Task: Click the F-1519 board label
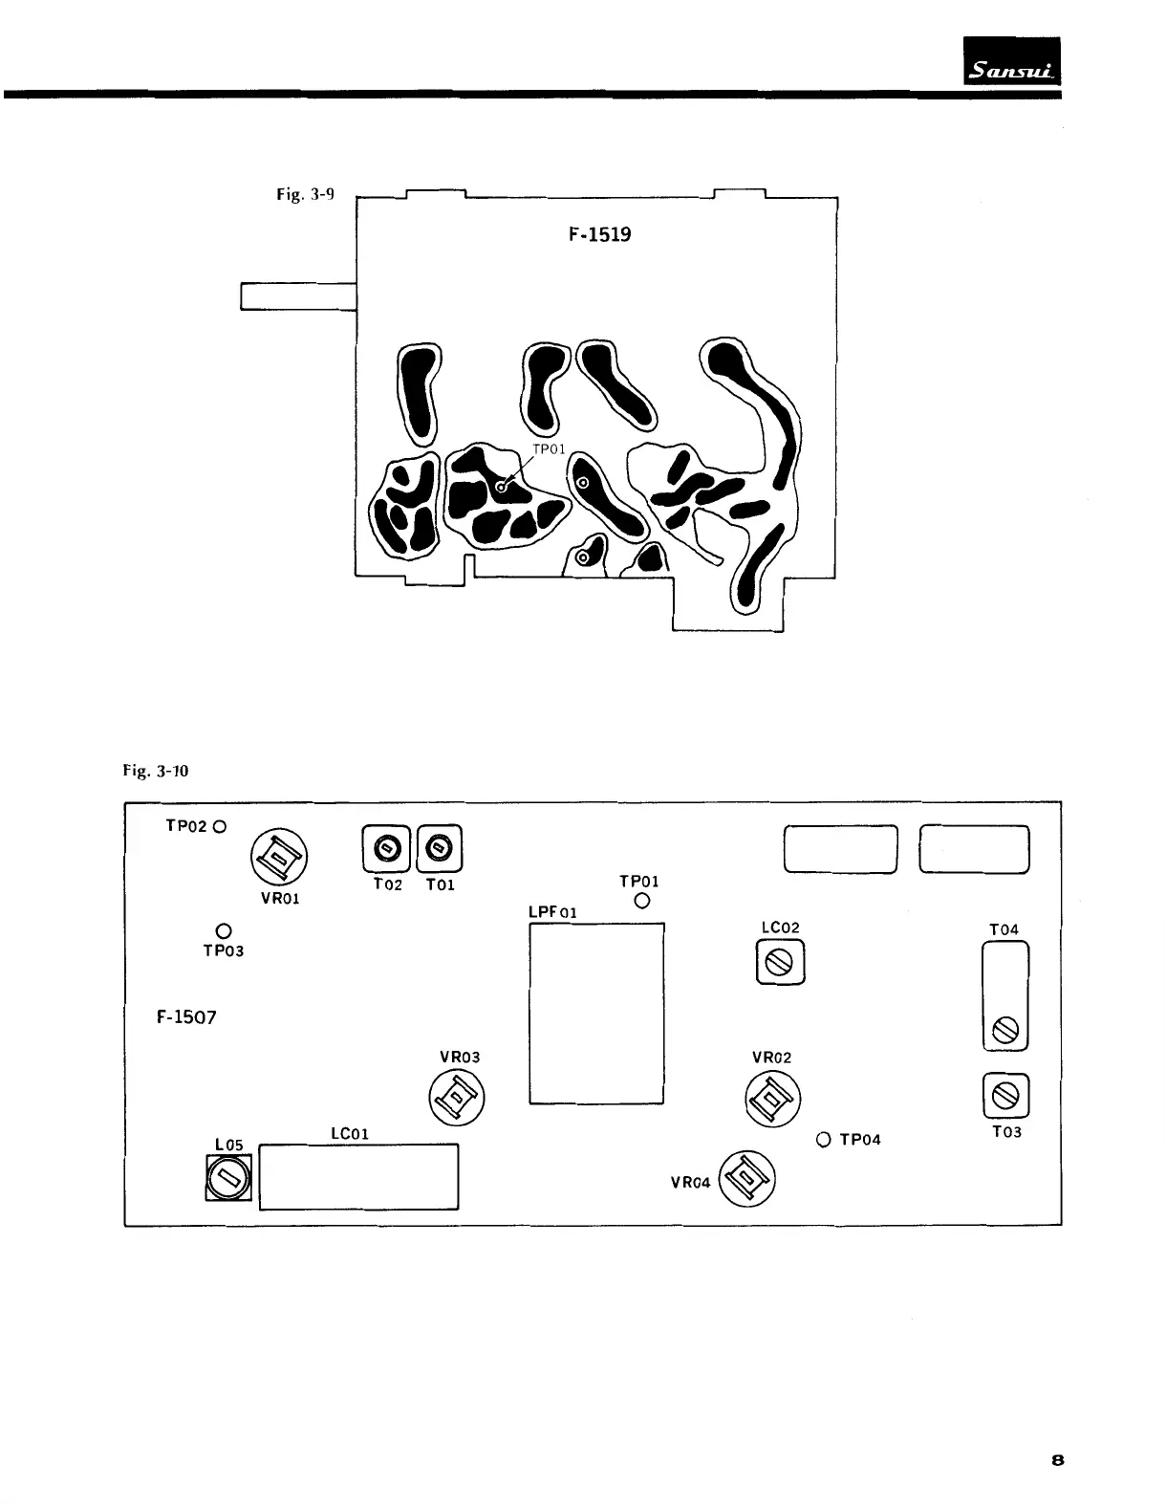tap(599, 234)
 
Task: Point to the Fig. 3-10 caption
tap(155, 770)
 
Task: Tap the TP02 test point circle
tap(220, 826)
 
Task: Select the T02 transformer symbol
tap(387, 847)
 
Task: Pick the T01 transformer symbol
tap(439, 847)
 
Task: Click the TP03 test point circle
tap(224, 929)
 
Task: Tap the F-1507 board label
tap(185, 1017)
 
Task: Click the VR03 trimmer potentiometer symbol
tap(456, 1098)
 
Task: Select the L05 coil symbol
tap(228, 1178)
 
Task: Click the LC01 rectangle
tap(358, 1177)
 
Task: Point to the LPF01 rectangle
tap(596, 1014)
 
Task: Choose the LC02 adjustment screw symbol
tap(780, 963)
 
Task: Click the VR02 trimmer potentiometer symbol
tap(772, 1098)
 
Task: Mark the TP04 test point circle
tap(824, 1140)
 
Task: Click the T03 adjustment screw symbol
tap(1005, 1095)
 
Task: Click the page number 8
tap(1058, 1460)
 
